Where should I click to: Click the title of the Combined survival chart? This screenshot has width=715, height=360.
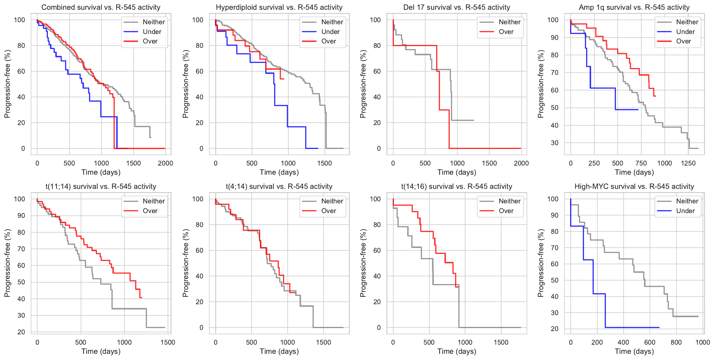point(101,7)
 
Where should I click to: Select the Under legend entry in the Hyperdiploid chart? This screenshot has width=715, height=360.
point(330,32)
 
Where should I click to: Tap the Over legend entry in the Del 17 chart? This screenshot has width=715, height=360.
point(506,32)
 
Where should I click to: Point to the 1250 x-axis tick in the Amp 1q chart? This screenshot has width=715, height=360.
point(688,163)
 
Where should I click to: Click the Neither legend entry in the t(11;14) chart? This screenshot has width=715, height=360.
point(153,201)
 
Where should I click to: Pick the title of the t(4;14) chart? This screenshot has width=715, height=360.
point(279,187)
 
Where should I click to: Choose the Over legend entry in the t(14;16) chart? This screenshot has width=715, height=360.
point(506,211)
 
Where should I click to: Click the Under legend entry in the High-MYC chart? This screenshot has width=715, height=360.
point(685,211)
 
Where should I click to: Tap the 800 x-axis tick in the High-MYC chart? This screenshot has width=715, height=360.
point(676,342)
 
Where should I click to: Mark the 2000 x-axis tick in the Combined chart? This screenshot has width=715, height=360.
point(165,163)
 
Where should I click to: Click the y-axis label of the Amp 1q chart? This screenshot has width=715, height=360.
point(541,84)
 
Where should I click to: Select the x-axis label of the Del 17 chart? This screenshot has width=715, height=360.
point(457,172)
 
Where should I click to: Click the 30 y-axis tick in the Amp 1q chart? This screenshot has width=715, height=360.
point(554,143)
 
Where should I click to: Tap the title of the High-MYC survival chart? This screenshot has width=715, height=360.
point(634,187)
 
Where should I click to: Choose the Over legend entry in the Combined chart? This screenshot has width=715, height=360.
point(150,41)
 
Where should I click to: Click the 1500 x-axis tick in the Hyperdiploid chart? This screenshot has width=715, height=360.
point(324,163)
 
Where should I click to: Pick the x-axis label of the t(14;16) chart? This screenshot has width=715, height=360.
point(457,351)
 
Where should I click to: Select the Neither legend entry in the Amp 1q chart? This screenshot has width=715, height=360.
point(687,22)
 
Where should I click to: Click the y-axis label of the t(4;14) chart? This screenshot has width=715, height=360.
point(186,263)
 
